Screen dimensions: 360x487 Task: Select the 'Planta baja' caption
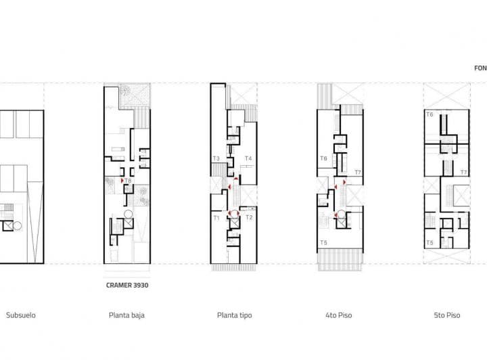click(x=126, y=315)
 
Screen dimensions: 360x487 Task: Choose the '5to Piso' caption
click(x=446, y=315)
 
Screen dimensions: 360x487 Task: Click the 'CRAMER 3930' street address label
click(x=127, y=285)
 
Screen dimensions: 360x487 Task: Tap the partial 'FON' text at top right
click(x=480, y=68)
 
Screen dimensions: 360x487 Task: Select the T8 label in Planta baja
click(x=129, y=181)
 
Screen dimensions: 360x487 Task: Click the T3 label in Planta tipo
click(x=216, y=158)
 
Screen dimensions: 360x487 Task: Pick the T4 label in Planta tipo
click(x=248, y=158)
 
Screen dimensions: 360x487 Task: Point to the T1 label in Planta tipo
click(x=216, y=217)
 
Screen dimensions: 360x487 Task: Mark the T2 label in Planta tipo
click(x=249, y=217)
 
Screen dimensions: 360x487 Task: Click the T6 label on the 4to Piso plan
click(x=324, y=158)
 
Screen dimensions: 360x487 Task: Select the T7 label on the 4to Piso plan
click(x=358, y=173)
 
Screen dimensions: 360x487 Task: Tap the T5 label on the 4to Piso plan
click(x=324, y=242)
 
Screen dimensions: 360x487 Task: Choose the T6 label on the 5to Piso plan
click(x=430, y=115)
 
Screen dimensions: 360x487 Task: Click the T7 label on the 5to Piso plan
click(x=464, y=173)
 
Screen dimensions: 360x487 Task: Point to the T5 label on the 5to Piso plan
click(x=430, y=242)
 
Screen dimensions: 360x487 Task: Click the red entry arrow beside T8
click(x=122, y=181)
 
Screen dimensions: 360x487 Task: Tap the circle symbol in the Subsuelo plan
click(x=18, y=225)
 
